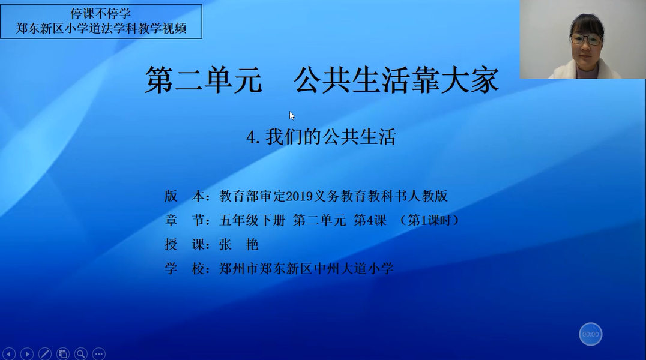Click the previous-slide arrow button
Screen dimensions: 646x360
(x=8, y=354)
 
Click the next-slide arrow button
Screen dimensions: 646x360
(x=27, y=354)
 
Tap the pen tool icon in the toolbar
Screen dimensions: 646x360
(x=45, y=354)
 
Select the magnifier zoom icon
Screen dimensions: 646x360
(x=80, y=354)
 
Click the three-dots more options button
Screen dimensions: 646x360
(x=99, y=354)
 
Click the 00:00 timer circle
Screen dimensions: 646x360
(x=590, y=334)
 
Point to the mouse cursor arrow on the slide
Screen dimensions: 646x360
(x=292, y=116)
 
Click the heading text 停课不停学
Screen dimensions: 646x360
(x=100, y=14)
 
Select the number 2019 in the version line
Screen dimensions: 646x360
(x=300, y=196)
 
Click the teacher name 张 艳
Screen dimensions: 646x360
(x=238, y=245)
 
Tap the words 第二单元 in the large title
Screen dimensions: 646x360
(x=204, y=80)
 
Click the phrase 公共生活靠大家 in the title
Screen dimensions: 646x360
(x=396, y=80)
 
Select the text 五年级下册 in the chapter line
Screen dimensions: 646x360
(x=252, y=220)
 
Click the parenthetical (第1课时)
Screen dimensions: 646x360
(x=429, y=220)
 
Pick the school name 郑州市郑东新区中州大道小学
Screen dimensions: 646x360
(x=307, y=269)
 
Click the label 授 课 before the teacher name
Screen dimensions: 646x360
(x=185, y=245)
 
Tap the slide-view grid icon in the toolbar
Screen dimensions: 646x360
(x=62, y=354)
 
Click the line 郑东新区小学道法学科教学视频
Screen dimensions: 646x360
(x=101, y=28)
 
